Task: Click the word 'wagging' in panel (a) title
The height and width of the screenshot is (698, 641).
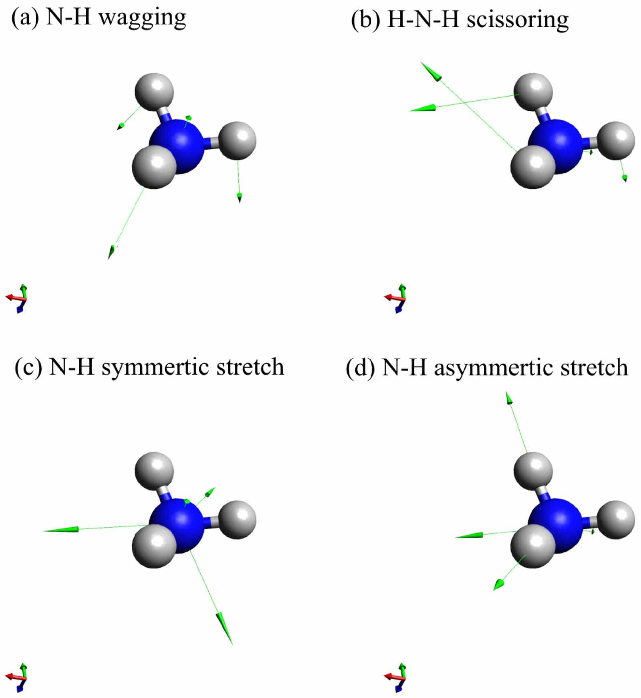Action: point(142,18)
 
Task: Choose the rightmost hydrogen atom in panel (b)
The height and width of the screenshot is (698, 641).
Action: point(616,141)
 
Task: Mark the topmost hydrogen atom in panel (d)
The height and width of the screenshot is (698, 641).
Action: point(533,471)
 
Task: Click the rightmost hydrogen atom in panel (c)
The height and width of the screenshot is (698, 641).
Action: point(237,519)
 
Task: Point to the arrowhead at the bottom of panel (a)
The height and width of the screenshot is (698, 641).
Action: point(111,252)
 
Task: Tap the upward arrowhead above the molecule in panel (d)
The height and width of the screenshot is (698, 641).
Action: point(509,399)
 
